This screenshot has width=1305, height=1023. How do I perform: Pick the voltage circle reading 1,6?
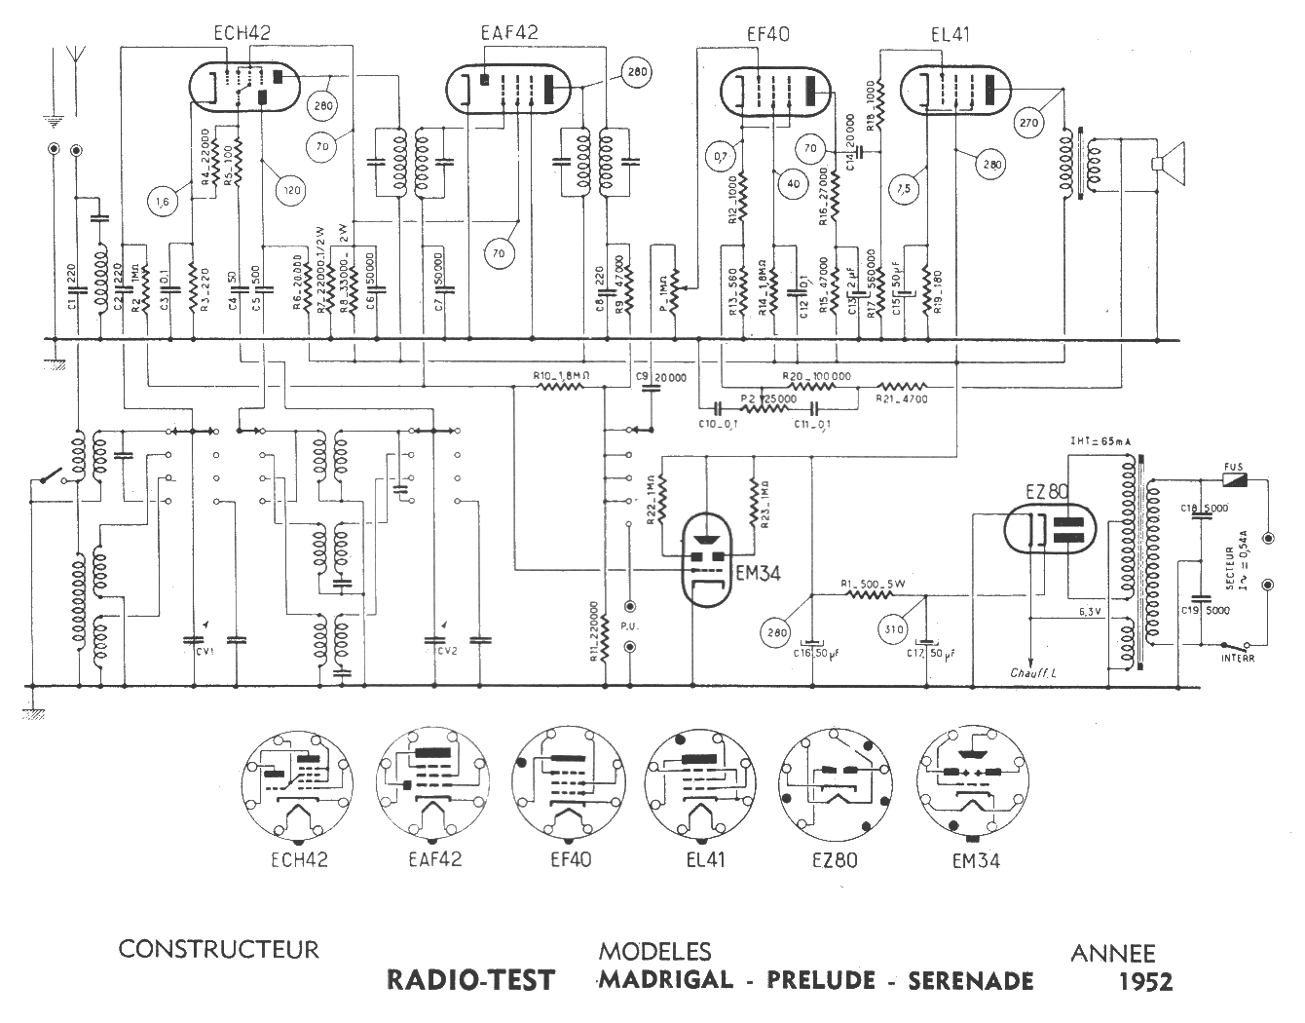coord(163,202)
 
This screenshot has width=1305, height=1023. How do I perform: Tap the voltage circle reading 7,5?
coord(905,188)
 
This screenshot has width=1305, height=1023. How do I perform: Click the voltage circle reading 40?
coord(794,183)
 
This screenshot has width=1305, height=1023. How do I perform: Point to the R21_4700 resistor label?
coord(902,398)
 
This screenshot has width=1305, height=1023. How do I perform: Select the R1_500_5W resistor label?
coord(874,584)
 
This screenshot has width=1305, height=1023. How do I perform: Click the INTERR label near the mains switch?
coord(1238,659)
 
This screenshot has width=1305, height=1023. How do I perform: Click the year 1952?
coord(1146,981)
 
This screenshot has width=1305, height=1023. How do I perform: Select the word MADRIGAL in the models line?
coord(665,979)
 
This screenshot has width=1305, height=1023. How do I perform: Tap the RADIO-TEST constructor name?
coord(470,979)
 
